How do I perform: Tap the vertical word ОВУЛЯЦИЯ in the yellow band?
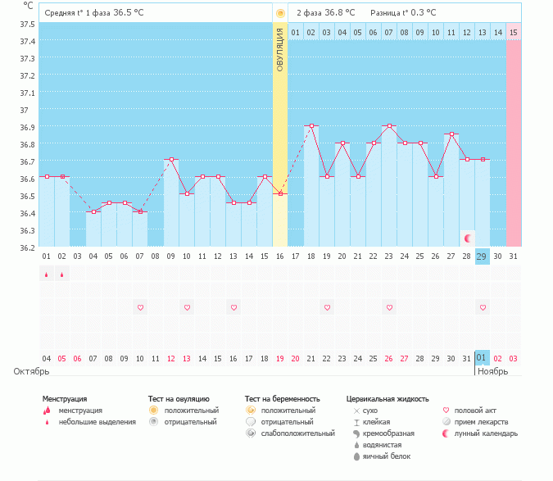point(280,49)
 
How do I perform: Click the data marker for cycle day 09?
point(171,160)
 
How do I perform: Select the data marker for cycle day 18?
point(311,126)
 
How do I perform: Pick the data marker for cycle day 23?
point(389,126)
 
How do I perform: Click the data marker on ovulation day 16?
point(280,193)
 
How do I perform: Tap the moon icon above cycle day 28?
point(467,238)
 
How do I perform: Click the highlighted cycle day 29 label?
point(482,256)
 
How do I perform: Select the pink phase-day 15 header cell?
point(513,32)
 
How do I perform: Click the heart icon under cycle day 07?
point(140,307)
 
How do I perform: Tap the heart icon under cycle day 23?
point(389,307)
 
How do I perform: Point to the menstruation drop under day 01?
point(47,275)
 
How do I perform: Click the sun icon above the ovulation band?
point(280,13)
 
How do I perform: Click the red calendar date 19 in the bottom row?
point(280,358)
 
